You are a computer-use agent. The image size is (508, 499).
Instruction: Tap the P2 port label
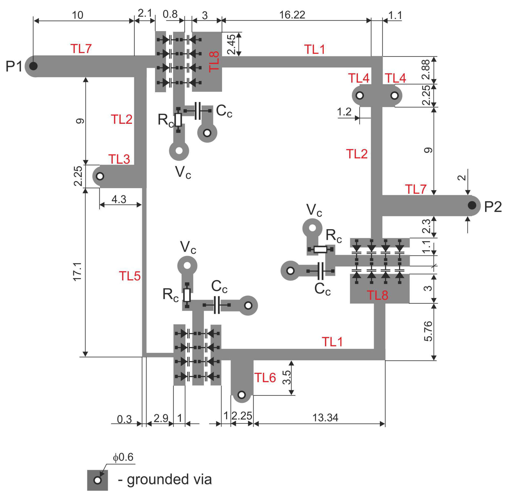pos(493,207)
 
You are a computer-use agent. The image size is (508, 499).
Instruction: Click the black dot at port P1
pos(33,66)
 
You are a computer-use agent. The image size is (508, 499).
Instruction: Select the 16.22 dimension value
pos(292,15)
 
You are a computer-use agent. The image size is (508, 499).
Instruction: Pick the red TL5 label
pos(130,276)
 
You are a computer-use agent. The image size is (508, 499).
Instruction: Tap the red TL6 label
pos(265,378)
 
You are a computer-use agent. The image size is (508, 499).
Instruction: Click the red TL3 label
pos(119,159)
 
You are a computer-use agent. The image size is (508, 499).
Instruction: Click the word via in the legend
pos(201,479)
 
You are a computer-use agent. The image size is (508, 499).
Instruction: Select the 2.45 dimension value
pos(231,44)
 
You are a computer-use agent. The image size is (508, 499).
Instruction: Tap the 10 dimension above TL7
pos(78,15)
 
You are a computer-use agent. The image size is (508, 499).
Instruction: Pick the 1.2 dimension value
pos(344,112)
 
